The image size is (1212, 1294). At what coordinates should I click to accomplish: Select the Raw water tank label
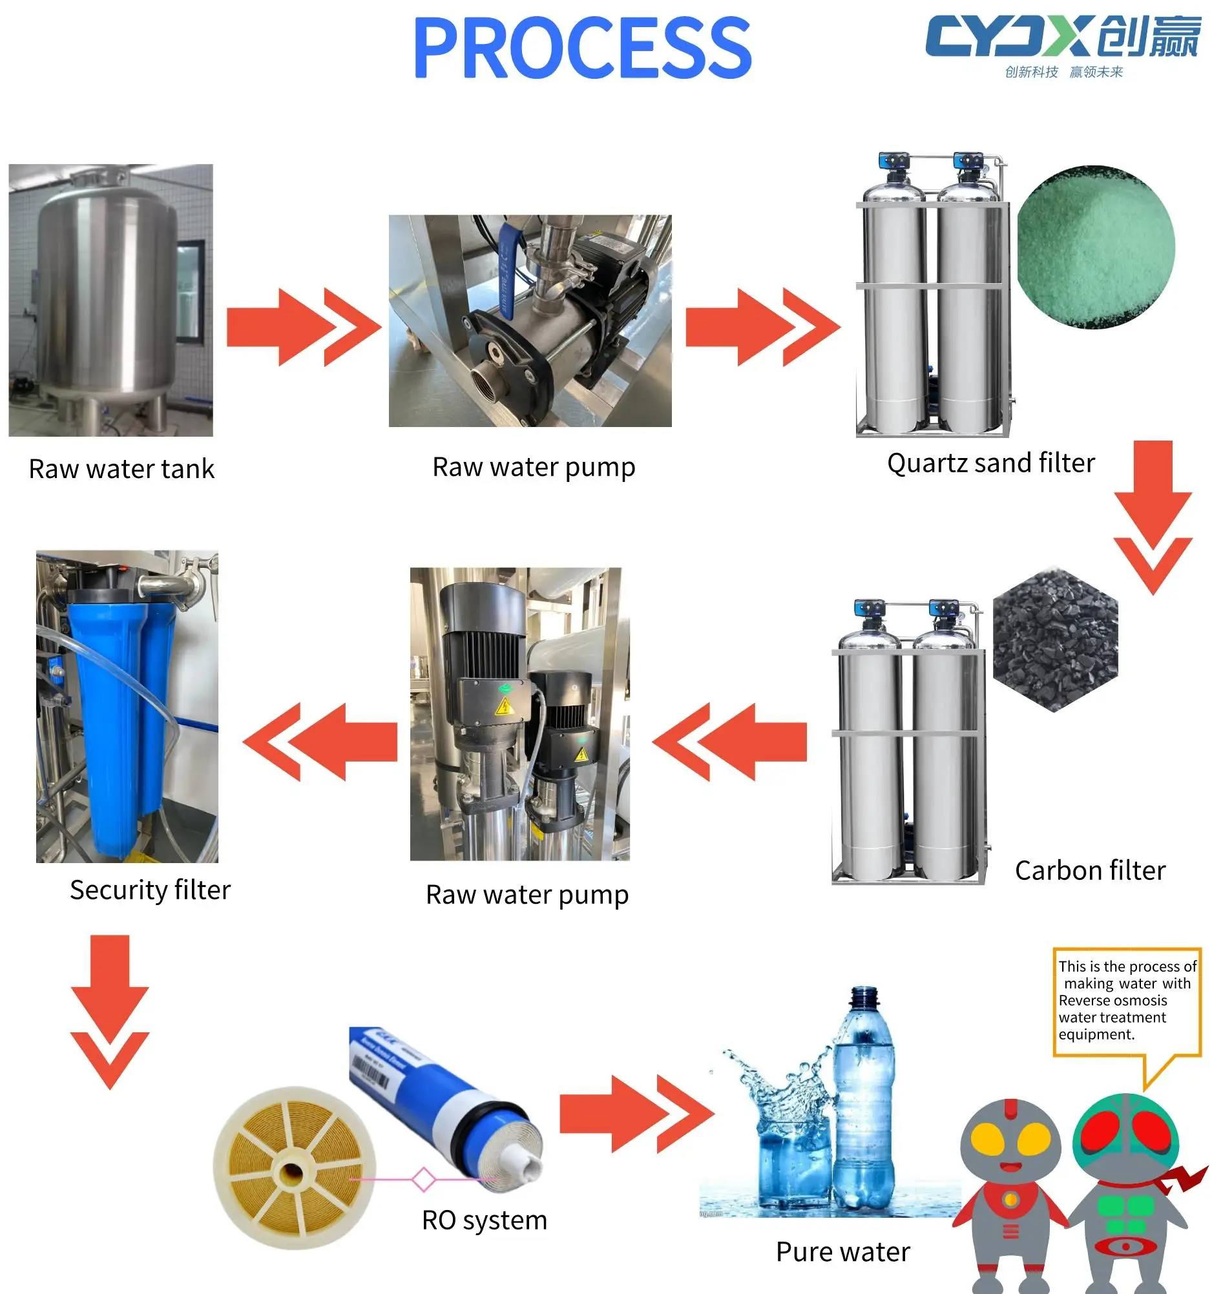click(121, 469)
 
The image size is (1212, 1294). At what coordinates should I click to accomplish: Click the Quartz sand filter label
click(990, 463)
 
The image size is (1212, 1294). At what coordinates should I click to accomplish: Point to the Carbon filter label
click(1090, 871)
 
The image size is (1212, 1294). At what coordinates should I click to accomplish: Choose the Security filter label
click(150, 890)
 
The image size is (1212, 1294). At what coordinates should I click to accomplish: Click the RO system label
click(485, 1220)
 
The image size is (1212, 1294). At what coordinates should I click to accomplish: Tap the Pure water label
click(843, 1252)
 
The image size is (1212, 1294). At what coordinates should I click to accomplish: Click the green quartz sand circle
click(1096, 247)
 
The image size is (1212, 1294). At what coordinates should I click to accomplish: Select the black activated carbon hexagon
click(1054, 640)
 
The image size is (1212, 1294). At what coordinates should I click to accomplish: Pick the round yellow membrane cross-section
click(293, 1169)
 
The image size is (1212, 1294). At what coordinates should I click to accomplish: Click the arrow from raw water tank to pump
click(304, 328)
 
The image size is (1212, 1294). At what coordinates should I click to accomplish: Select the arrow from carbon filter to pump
click(729, 742)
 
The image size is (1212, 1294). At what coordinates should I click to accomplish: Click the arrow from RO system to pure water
click(636, 1114)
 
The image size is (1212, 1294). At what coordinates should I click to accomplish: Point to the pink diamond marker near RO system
click(424, 1180)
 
